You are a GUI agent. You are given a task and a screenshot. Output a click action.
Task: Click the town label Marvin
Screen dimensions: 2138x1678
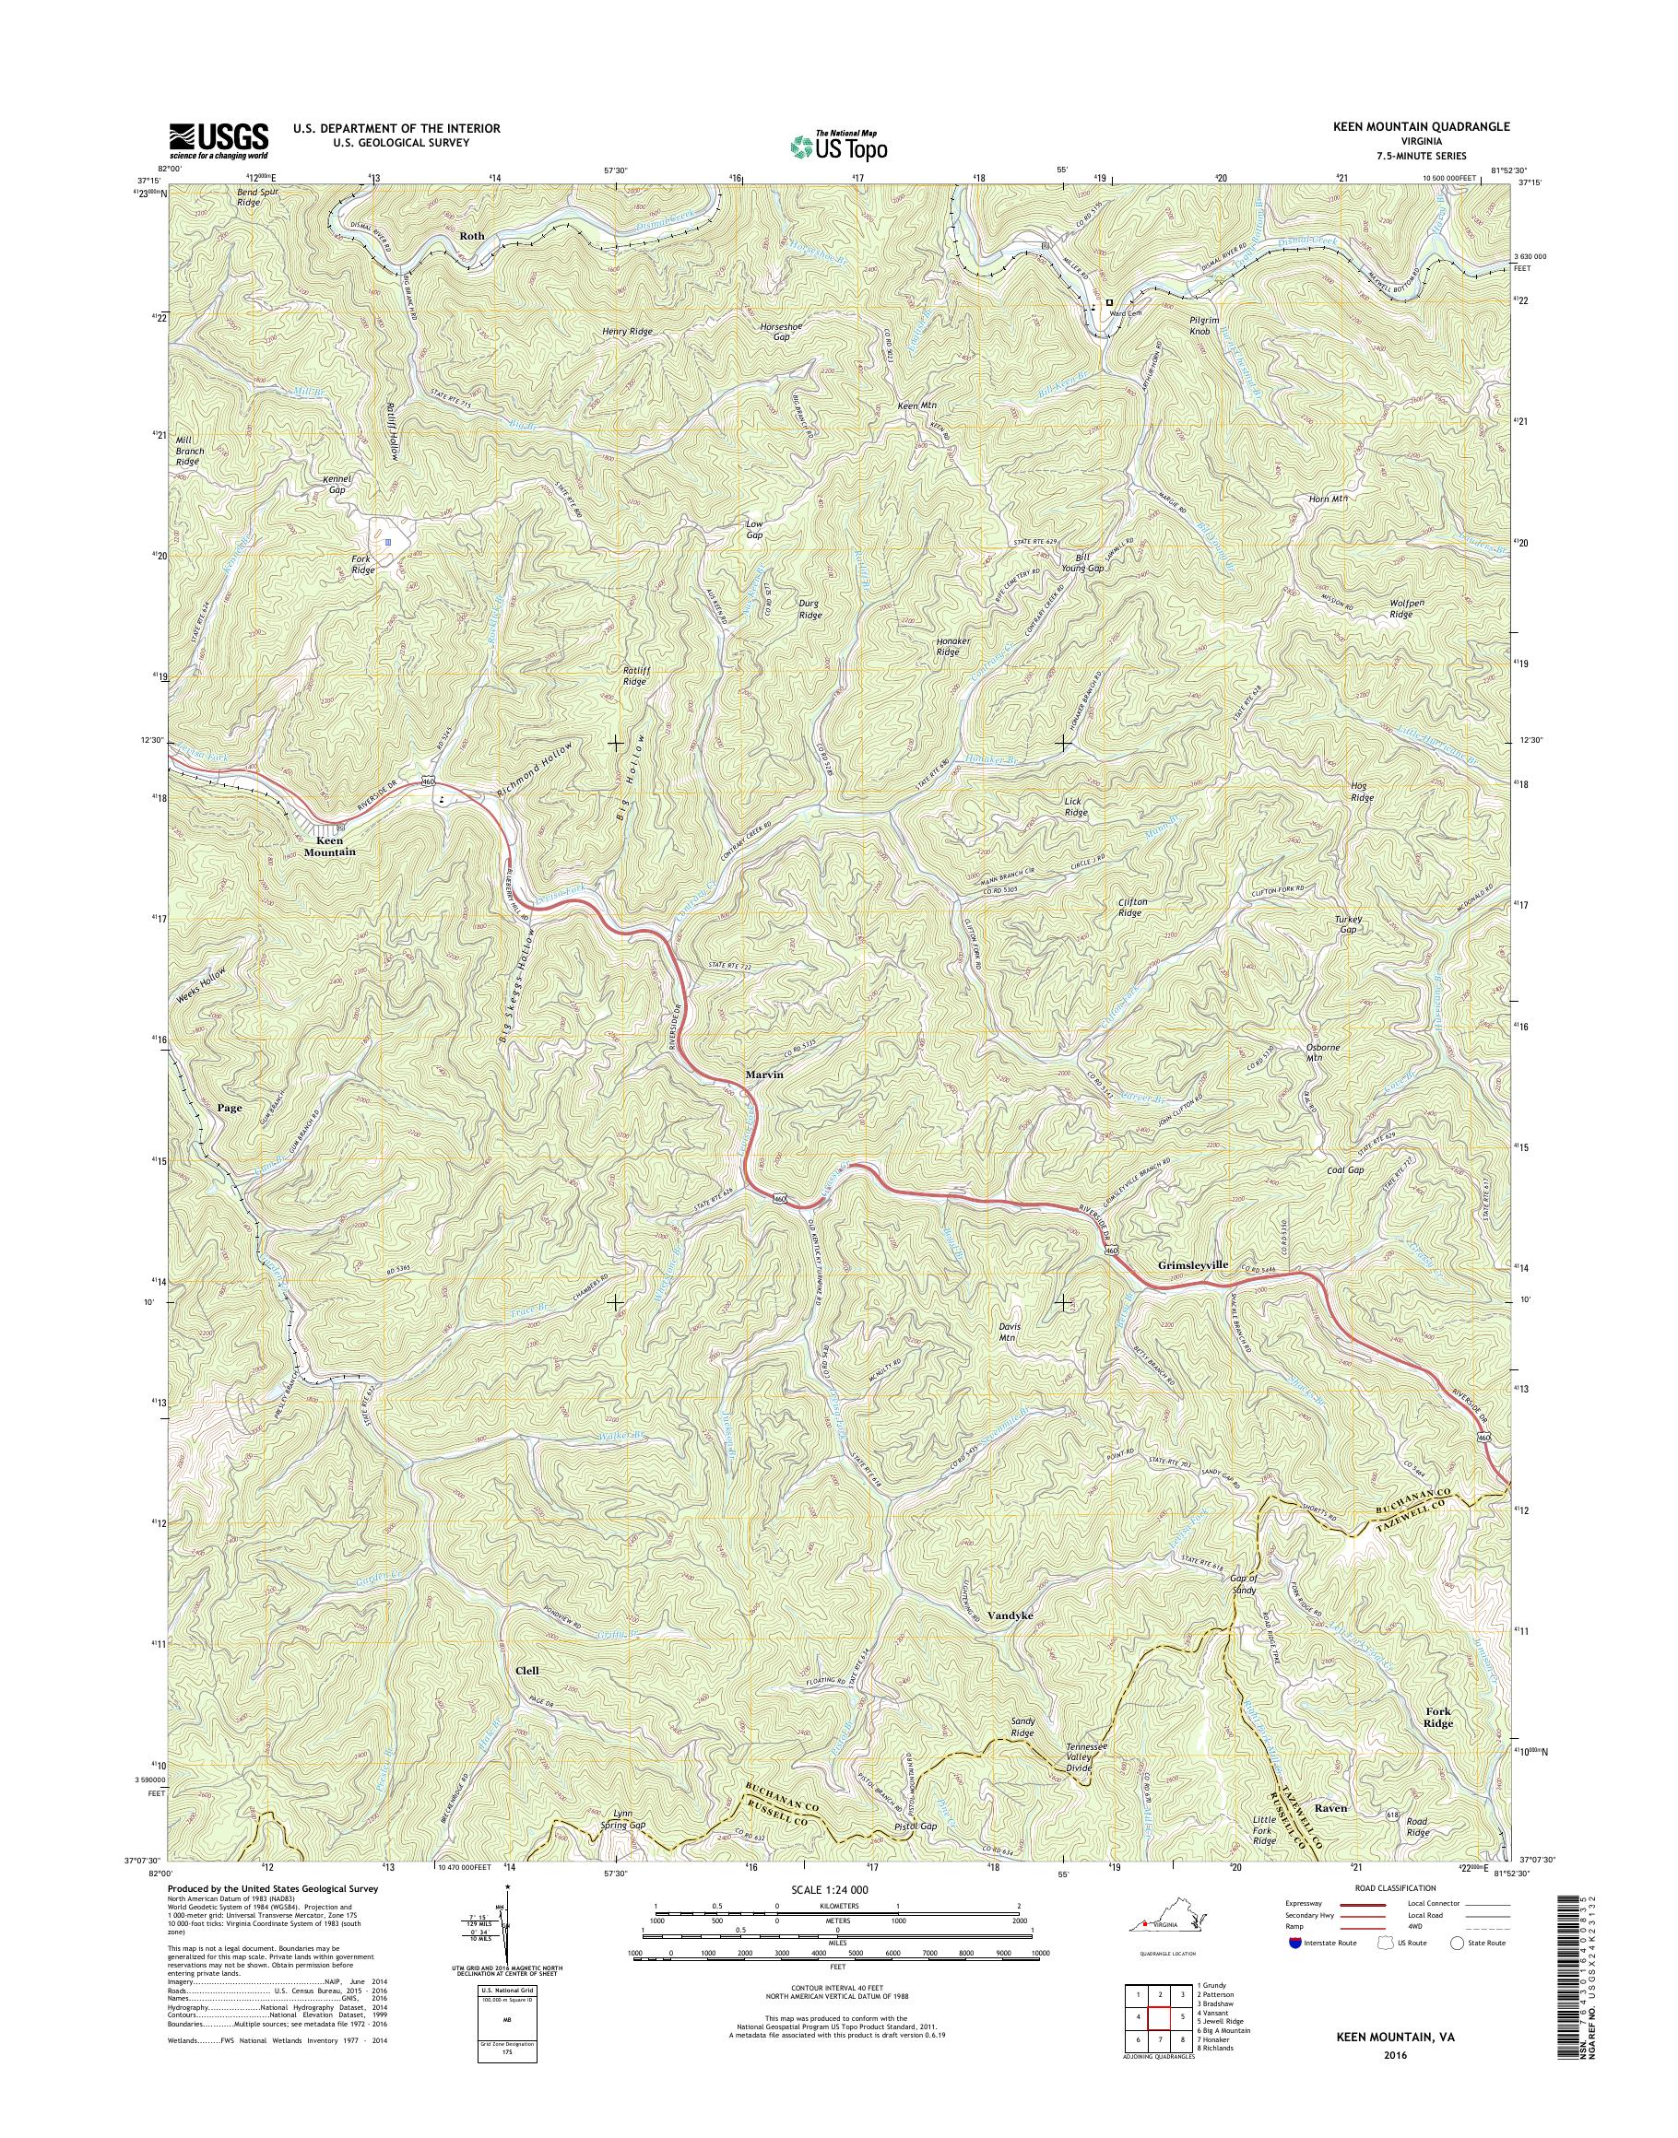pyautogui.click(x=763, y=1075)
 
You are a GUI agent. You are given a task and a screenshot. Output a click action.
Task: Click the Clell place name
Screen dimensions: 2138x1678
pyautogui.click(x=527, y=1671)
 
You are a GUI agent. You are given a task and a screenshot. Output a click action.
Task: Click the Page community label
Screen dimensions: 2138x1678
pyautogui.click(x=229, y=1107)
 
